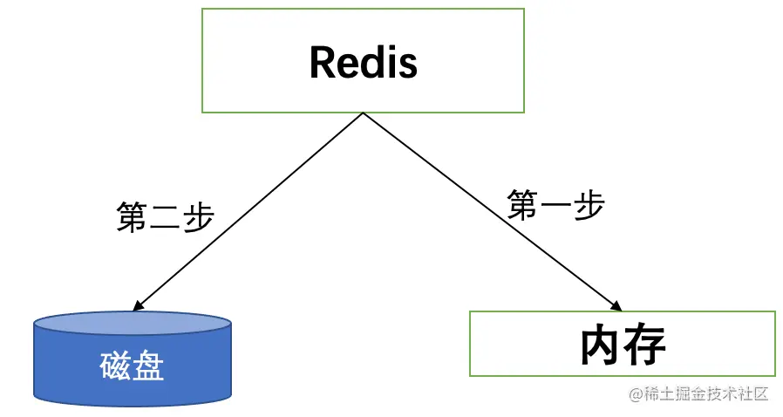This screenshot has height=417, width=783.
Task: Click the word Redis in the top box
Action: tap(363, 62)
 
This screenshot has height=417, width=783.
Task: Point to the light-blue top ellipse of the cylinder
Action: tap(133, 325)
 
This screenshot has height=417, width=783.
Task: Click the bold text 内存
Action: tap(623, 345)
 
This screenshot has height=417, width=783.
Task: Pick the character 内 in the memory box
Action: tap(601, 345)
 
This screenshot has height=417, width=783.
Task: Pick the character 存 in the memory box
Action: tap(645, 345)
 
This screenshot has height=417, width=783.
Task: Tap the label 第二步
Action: tap(165, 215)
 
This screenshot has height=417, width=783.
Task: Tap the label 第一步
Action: tap(556, 205)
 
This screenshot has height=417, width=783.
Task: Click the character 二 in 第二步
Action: tap(165, 215)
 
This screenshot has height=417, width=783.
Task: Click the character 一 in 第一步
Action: tap(556, 206)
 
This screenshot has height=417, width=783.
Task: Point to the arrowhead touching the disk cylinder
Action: tap(136, 306)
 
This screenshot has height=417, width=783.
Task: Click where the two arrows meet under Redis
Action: tap(363, 114)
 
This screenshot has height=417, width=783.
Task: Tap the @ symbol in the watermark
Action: tap(636, 394)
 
